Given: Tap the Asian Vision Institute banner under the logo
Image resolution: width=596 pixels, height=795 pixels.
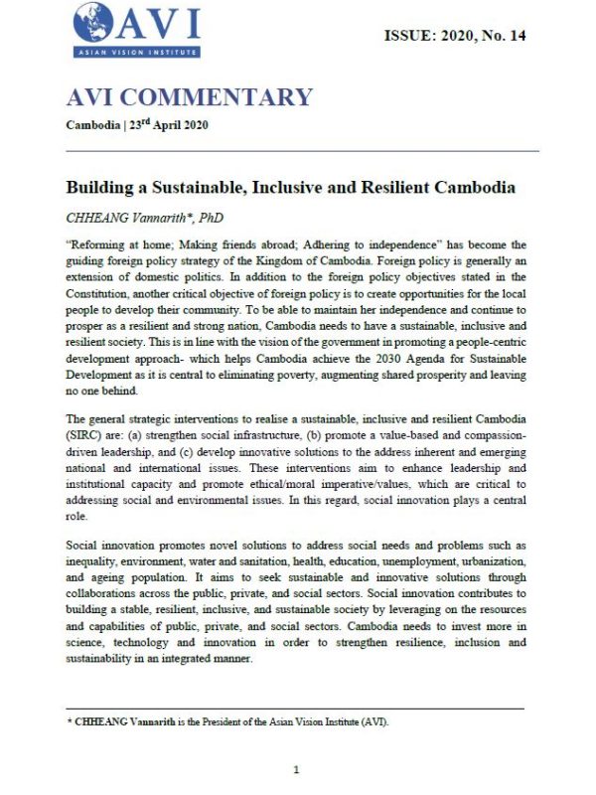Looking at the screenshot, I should [127, 52].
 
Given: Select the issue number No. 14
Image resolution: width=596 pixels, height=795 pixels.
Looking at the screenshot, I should [503, 36].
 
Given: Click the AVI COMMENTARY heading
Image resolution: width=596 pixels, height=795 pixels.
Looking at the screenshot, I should [189, 97].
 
